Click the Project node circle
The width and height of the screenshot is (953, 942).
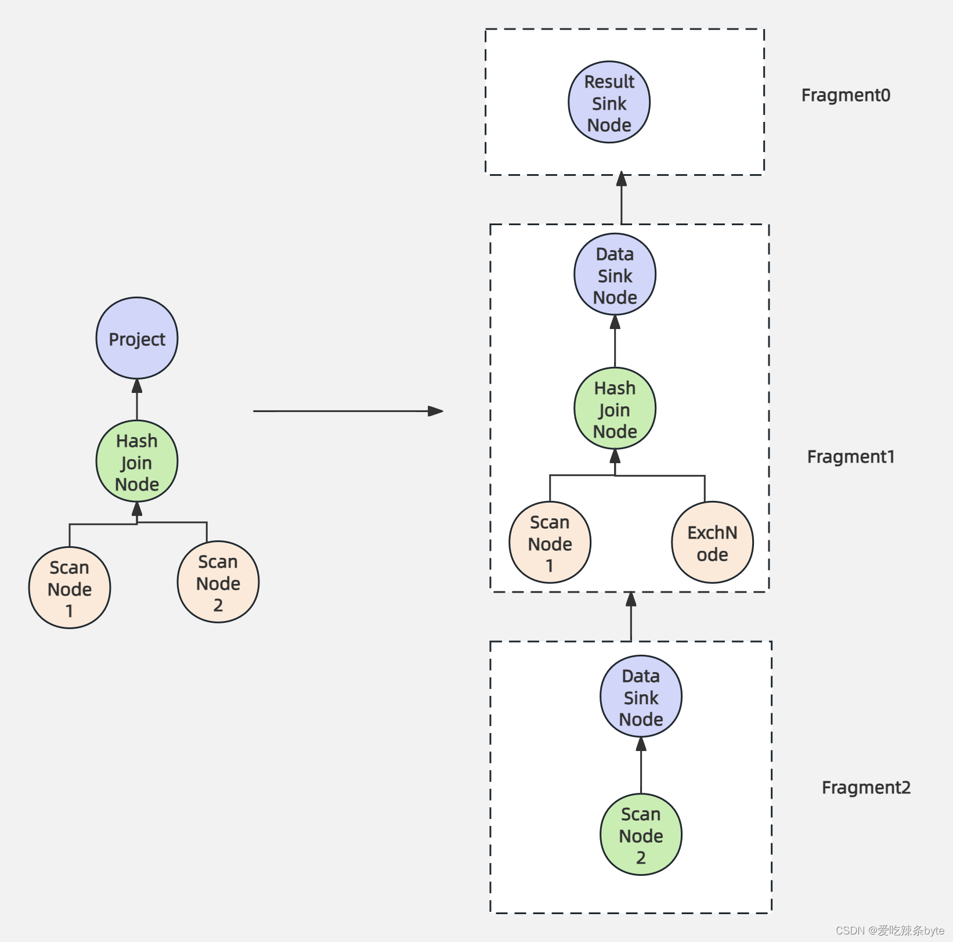coord(137,338)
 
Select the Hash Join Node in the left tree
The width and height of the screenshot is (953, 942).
coord(137,461)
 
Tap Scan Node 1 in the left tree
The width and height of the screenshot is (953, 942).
coord(70,588)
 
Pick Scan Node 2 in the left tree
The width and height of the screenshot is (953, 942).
coord(218,582)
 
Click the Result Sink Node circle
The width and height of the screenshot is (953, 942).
coord(609,103)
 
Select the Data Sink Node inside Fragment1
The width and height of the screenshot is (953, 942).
coord(615,275)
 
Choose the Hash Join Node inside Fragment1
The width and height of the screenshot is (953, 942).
coord(615,409)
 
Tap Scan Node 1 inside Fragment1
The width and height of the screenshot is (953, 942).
coord(550,543)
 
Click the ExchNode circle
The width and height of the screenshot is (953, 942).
coord(712,543)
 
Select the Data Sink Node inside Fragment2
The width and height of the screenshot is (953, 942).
coord(641,696)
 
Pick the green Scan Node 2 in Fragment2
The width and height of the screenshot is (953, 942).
coord(641,835)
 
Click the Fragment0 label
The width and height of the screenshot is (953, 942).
coord(846,95)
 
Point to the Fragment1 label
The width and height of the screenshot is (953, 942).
coord(851,457)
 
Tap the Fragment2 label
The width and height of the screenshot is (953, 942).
coord(866,788)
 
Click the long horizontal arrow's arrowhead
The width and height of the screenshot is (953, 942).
coord(436,411)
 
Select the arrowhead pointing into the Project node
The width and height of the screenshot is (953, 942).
coord(137,385)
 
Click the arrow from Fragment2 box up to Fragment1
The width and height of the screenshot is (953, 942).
coord(631,616)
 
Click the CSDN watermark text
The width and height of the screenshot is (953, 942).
coord(890,930)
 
